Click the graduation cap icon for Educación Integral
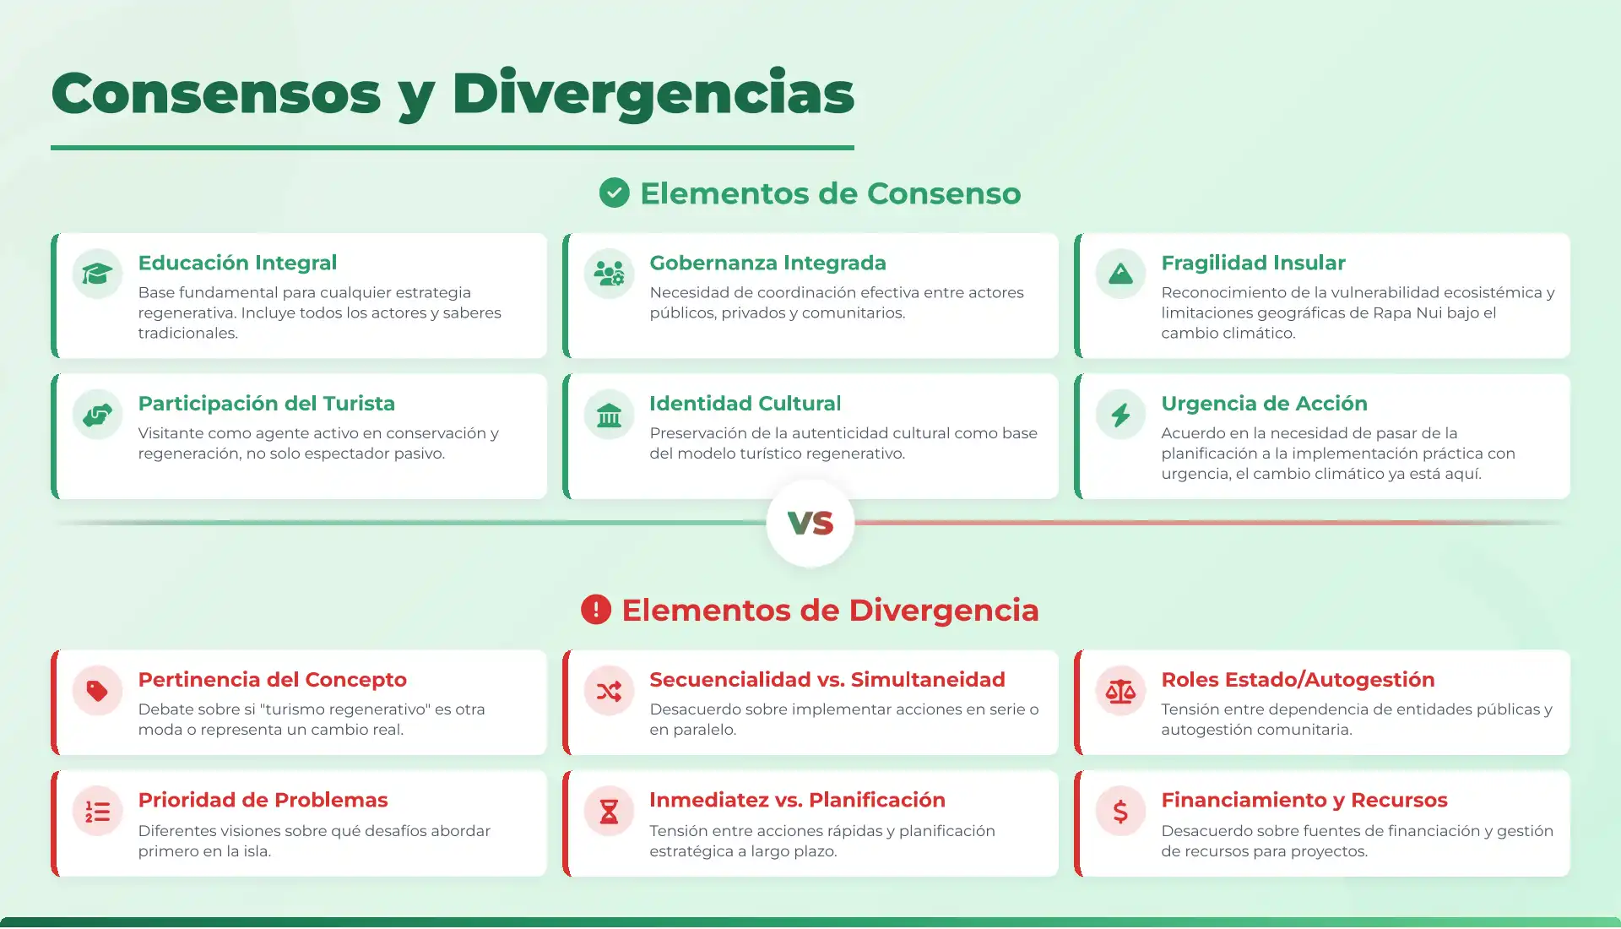click(x=97, y=274)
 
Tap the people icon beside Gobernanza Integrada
click(x=609, y=274)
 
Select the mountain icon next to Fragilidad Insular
click(x=1120, y=274)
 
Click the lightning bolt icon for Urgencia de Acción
click(x=1120, y=415)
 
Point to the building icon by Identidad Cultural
click(x=609, y=415)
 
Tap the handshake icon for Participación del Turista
click(x=97, y=415)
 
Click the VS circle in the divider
click(x=810, y=524)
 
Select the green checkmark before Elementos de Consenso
click(x=615, y=193)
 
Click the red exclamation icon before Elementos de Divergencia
click(x=596, y=610)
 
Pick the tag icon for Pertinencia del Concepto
click(x=97, y=691)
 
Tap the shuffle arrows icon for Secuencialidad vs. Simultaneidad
click(x=609, y=691)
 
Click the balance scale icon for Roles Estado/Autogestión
click(x=1120, y=691)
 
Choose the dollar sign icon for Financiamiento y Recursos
click(x=1120, y=812)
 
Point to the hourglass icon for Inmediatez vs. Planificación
click(x=609, y=812)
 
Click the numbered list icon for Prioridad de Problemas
click(x=97, y=812)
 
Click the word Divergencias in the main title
click(x=653, y=94)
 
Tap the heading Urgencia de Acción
click(x=1264, y=404)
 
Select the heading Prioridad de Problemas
click(x=263, y=800)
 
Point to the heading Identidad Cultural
click(x=745, y=404)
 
